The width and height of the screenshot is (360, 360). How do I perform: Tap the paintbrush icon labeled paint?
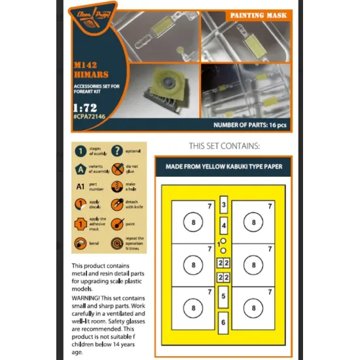click(x=117, y=224)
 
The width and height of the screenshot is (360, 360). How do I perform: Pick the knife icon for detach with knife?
click(x=117, y=206)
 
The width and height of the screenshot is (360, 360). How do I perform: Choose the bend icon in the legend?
click(x=79, y=243)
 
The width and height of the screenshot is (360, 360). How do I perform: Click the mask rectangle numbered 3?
click(x=224, y=206)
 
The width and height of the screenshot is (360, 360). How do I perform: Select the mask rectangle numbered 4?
click(x=224, y=226)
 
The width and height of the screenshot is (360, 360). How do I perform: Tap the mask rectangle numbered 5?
click(x=223, y=297)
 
